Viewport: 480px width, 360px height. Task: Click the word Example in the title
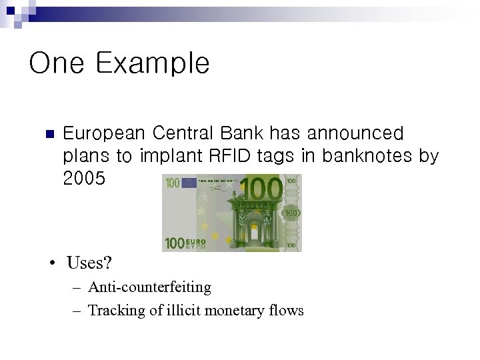click(152, 64)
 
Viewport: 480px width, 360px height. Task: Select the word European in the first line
click(103, 134)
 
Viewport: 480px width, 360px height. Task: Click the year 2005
click(83, 179)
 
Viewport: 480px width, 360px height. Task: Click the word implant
click(171, 156)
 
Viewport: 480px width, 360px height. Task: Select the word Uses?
click(89, 263)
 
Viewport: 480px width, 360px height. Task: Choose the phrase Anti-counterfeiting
click(149, 287)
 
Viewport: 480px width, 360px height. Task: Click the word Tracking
click(113, 310)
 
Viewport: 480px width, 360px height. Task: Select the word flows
click(287, 310)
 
